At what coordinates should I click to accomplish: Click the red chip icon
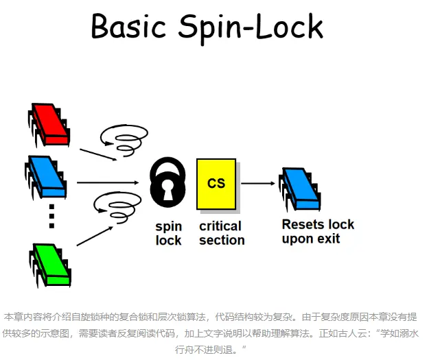(49, 124)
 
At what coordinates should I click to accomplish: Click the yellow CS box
(216, 184)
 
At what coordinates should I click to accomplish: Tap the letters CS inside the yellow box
(216, 183)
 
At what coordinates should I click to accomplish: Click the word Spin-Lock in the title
(251, 27)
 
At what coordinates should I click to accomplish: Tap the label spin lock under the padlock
(169, 232)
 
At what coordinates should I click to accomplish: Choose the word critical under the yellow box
(220, 226)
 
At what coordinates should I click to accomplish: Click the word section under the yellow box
(222, 240)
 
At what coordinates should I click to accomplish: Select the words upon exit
(311, 239)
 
